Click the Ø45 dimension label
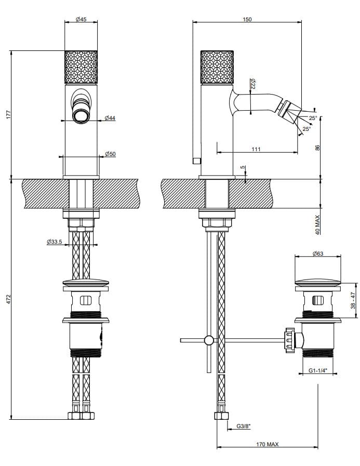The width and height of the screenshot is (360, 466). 81,19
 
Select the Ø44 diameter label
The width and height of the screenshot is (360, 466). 110,118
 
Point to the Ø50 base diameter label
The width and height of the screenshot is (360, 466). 110,154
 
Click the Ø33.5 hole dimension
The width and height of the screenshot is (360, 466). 55,242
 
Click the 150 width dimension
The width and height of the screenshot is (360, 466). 247,19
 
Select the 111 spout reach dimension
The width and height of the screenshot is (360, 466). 256,149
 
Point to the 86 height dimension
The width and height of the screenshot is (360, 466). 318,148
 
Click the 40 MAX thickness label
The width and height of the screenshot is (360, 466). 318,224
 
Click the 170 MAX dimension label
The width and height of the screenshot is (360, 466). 268,444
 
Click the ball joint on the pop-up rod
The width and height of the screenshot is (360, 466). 209,340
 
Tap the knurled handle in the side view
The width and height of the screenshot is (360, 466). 217,66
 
